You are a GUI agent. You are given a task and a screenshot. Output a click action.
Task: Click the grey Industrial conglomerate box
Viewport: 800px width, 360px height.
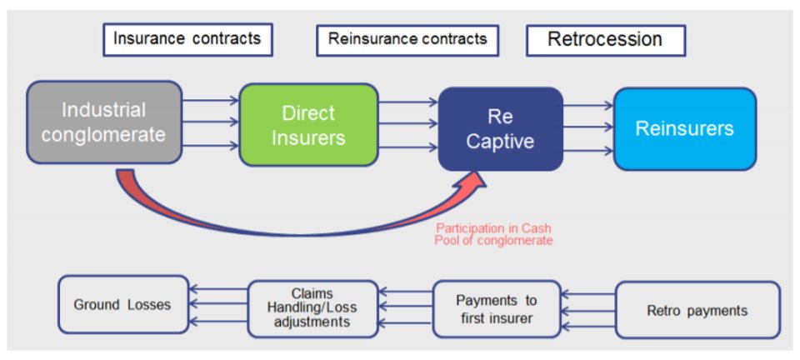tap(104, 122)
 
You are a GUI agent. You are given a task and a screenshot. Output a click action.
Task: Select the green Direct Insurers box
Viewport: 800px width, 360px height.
tap(308, 125)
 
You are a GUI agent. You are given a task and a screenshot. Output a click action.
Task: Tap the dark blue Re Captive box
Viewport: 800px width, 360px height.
tap(501, 129)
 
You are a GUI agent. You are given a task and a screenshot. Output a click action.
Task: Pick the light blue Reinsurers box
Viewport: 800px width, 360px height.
tap(685, 128)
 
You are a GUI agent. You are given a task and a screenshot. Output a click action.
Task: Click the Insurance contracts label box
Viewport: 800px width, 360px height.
tap(187, 39)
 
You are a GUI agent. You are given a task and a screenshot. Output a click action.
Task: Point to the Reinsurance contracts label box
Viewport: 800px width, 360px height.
tap(407, 39)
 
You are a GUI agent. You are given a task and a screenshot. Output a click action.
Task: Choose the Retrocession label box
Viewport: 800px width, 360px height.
tap(606, 39)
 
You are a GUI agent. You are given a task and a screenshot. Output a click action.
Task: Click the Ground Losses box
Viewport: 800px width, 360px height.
tap(123, 305)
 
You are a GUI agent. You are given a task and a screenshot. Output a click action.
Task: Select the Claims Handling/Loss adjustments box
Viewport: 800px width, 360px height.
tap(312, 308)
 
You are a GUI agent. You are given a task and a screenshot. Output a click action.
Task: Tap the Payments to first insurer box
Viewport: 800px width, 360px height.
tap(497, 309)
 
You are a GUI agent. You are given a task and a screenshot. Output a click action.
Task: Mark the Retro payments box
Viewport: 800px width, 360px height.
tap(697, 310)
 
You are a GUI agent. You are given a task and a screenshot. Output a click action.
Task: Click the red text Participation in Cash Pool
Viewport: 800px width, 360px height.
tap(493, 234)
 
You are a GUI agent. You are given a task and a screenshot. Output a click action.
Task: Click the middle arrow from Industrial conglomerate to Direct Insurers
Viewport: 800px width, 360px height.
tap(210, 122)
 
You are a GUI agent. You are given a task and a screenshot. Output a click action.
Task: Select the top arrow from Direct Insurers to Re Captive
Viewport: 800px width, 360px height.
tap(408, 102)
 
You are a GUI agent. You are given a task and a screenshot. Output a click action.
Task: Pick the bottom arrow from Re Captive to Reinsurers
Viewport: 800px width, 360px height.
tap(588, 151)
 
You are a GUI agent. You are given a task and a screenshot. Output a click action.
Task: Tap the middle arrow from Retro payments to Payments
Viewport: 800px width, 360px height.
tap(588, 309)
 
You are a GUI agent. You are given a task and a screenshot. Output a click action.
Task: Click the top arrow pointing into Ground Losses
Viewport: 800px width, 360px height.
tap(218, 289)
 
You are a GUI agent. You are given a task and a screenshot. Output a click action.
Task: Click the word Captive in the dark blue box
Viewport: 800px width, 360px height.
tap(500, 141)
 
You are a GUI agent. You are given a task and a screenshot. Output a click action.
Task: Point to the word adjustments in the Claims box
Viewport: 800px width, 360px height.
tap(313, 322)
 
